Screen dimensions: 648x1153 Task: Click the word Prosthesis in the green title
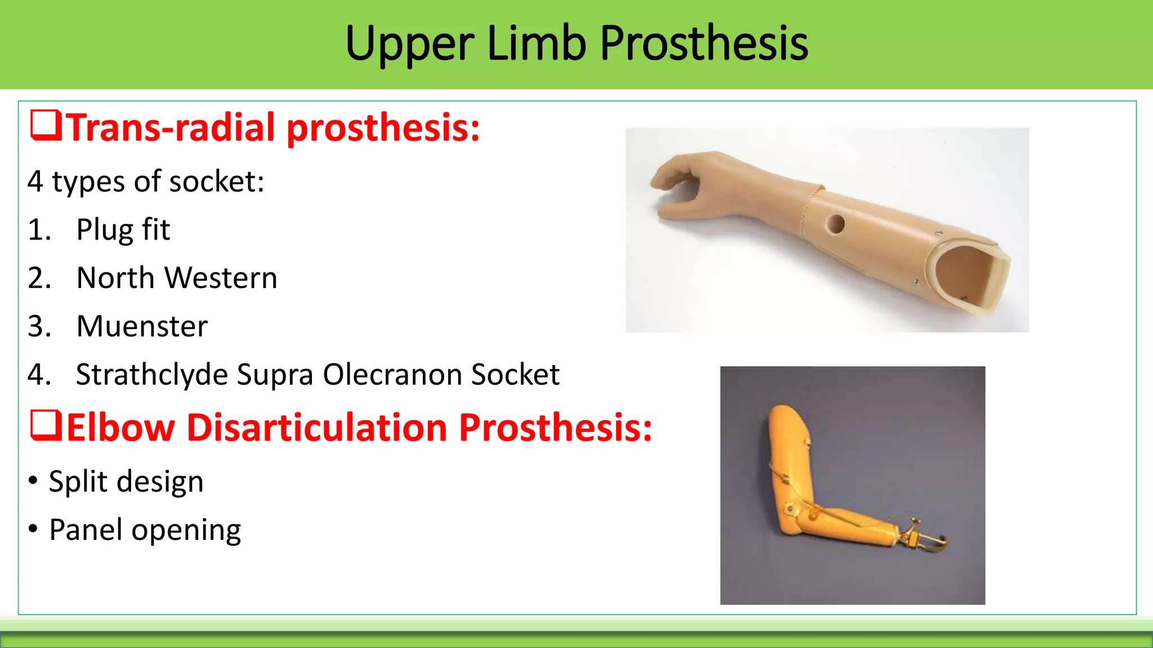(704, 44)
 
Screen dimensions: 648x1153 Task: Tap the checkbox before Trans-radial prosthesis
(46, 126)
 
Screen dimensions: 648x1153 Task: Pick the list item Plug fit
(123, 230)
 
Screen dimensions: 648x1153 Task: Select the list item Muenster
(142, 326)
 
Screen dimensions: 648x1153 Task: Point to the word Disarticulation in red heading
(317, 427)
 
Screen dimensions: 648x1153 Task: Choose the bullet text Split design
(126, 482)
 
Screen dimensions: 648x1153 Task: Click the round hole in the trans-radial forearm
(835, 224)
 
